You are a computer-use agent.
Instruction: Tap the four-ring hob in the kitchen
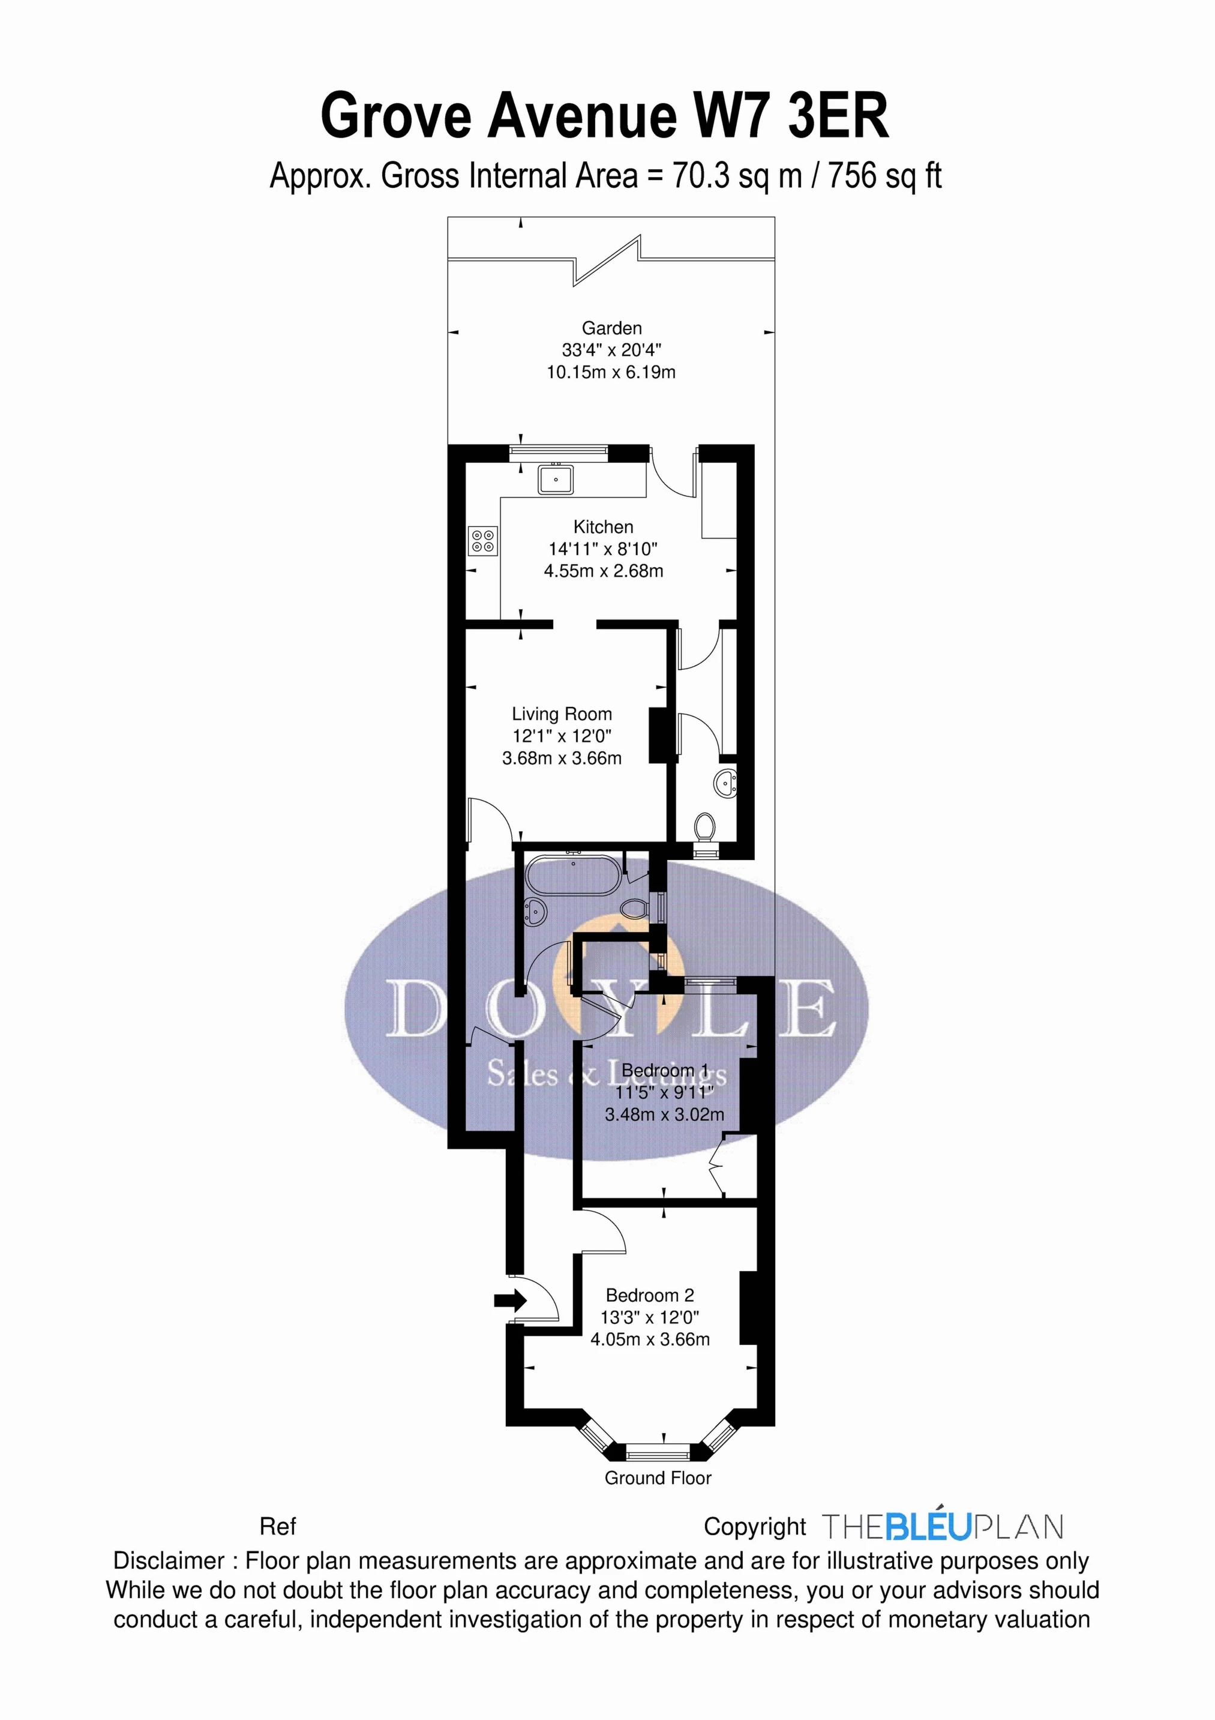click(482, 541)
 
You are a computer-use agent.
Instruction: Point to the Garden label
click(612, 328)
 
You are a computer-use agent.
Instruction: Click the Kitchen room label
click(603, 527)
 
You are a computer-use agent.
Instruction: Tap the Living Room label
click(562, 714)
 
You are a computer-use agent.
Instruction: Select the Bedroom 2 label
click(650, 1295)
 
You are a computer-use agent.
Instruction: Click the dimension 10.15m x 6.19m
click(611, 371)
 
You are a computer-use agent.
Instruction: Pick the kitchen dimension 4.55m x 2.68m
click(603, 571)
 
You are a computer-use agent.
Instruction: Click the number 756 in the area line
click(851, 176)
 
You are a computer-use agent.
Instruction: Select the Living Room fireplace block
click(657, 735)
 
